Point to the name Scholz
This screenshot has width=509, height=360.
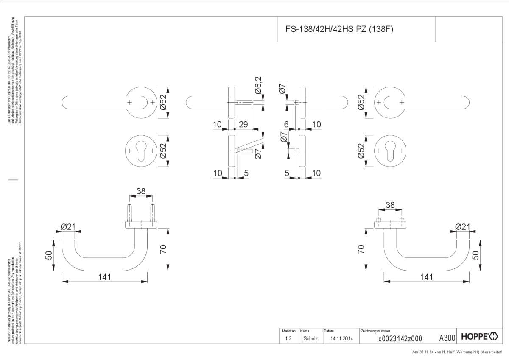pyautogui.click(x=310, y=338)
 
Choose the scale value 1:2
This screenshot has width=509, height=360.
pyautogui.click(x=288, y=338)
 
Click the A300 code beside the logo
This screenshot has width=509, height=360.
pyautogui.click(x=447, y=338)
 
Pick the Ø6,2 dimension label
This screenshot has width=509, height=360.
pyautogui.click(x=258, y=85)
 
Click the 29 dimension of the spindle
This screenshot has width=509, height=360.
pyautogui.click(x=243, y=124)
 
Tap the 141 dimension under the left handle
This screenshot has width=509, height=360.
pyautogui.click(x=104, y=277)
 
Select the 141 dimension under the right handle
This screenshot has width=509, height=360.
pyautogui.click(x=426, y=277)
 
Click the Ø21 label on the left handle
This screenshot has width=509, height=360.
pyautogui.click(x=68, y=227)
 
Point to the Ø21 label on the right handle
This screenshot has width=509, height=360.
pyautogui.click(x=463, y=227)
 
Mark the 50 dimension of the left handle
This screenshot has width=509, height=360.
pyautogui.click(x=49, y=255)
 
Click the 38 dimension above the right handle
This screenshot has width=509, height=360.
pyautogui.click(x=390, y=206)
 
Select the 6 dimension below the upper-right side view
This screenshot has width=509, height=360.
pyautogui.click(x=286, y=124)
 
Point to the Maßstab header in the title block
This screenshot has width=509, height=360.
pyautogui.click(x=286, y=331)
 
